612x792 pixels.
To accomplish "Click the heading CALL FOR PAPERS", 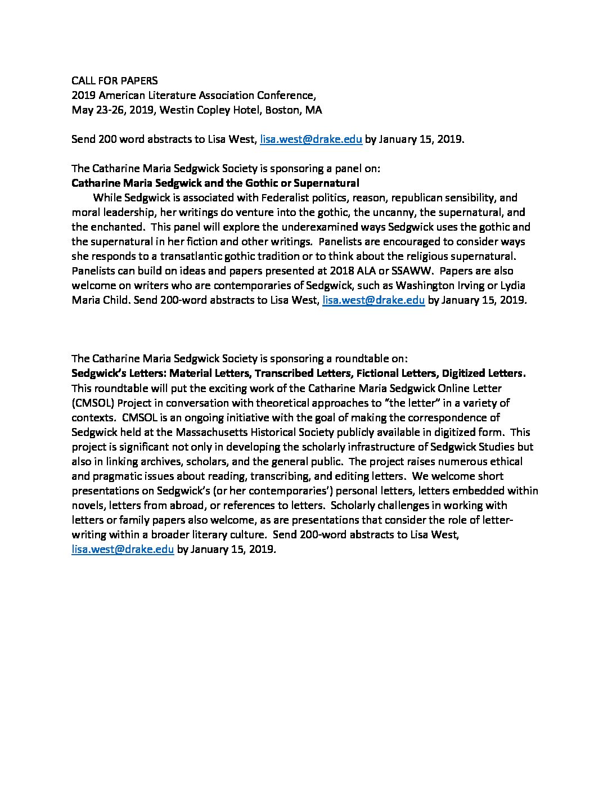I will coord(115,81).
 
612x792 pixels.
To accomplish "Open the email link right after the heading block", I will coord(310,139).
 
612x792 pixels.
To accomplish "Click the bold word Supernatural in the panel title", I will coord(327,183).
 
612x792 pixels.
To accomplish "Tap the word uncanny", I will coord(392,213).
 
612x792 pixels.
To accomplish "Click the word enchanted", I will coord(117,227).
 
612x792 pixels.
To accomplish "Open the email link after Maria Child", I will coord(373,300).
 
